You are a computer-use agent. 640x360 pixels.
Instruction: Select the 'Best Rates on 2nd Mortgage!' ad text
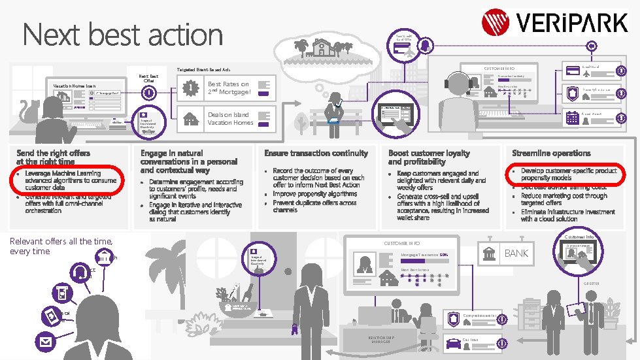tap(228, 88)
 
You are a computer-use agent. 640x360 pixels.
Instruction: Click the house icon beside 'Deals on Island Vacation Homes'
tap(191, 119)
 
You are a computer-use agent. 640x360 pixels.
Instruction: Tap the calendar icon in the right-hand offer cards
tap(573, 118)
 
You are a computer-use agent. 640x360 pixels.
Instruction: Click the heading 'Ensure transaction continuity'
tap(316, 153)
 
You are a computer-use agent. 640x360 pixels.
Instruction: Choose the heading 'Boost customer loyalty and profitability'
tap(429, 157)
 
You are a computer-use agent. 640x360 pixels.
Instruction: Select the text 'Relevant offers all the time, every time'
tap(61, 246)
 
